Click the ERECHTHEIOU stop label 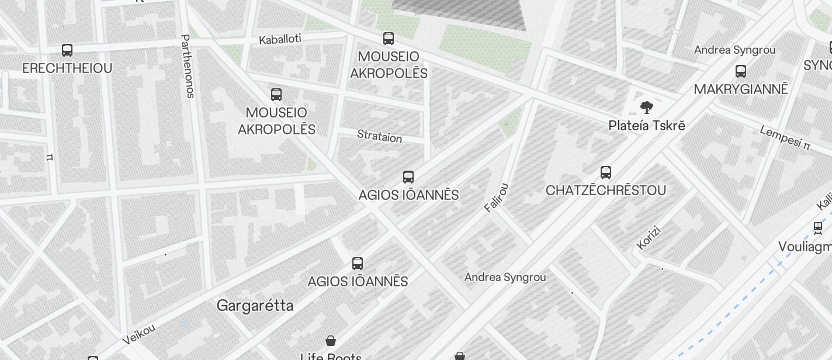click(x=67, y=68)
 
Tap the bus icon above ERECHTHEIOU click(x=67, y=50)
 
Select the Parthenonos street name click(x=188, y=66)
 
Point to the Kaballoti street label click(x=280, y=40)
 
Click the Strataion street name click(x=380, y=137)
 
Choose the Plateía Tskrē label click(x=646, y=126)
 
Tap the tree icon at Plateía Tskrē click(x=646, y=108)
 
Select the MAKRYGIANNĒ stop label click(x=741, y=89)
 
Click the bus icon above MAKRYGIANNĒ click(x=741, y=71)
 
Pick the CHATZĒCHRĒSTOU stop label click(x=606, y=191)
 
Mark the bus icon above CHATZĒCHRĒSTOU click(x=606, y=172)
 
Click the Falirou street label click(x=497, y=198)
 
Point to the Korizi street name click(x=648, y=238)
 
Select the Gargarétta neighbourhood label click(x=255, y=306)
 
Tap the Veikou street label click(x=139, y=334)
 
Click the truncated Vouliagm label click(x=805, y=247)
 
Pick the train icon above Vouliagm click(x=818, y=228)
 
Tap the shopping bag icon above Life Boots click(x=331, y=341)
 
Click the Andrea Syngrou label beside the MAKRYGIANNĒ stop click(x=734, y=50)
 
